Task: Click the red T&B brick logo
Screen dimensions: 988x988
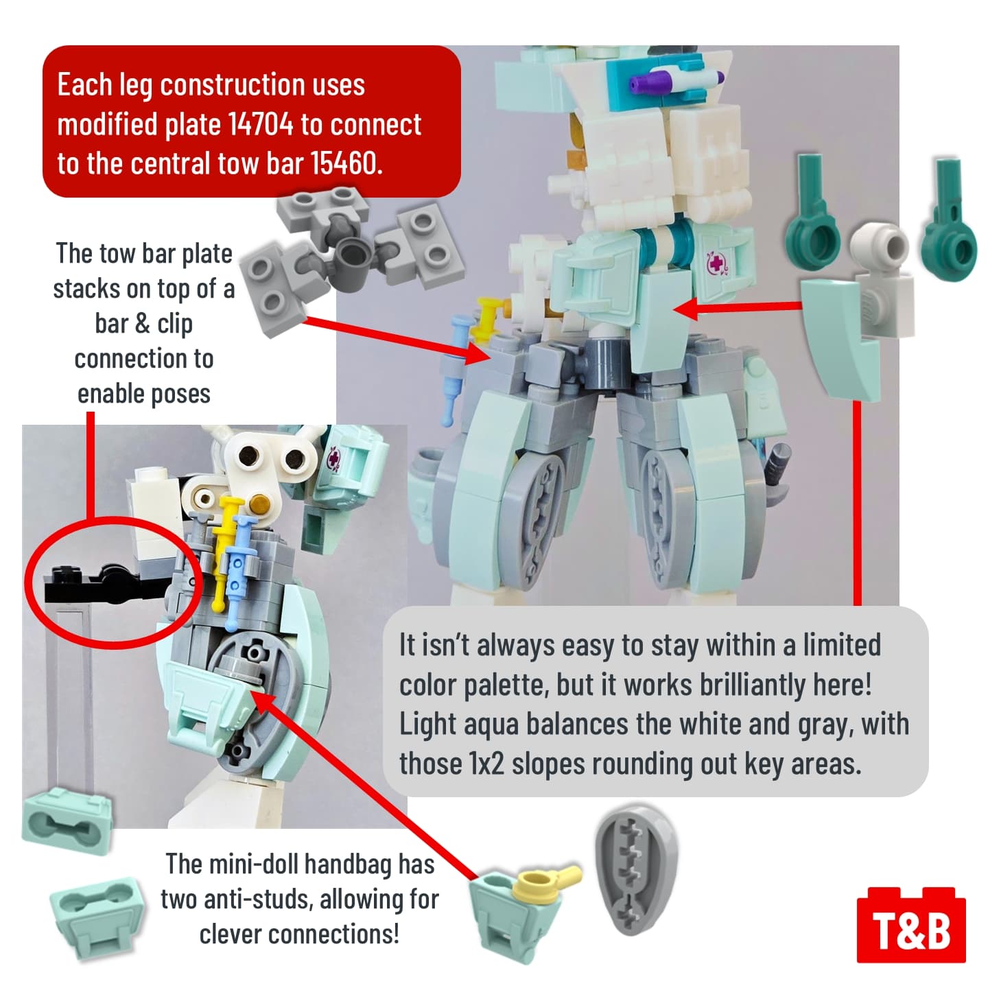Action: point(910,926)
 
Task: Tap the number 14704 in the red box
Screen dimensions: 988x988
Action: point(260,124)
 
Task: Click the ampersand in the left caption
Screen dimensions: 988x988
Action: point(142,324)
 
